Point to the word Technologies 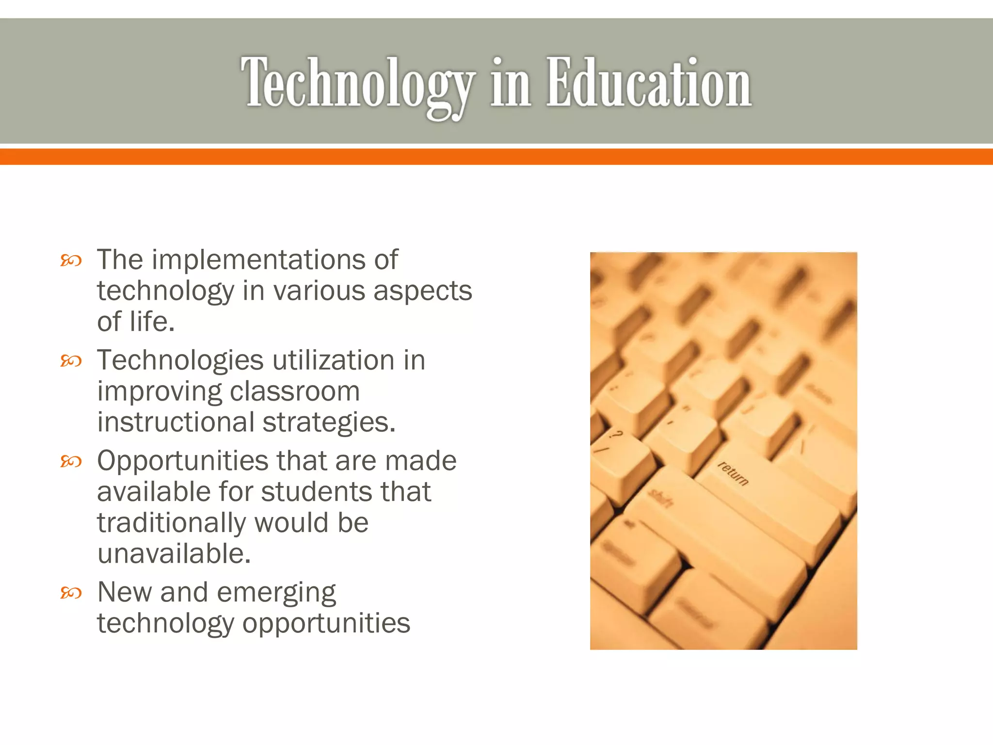(x=180, y=361)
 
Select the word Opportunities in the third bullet (x=183, y=461)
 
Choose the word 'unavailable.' (x=174, y=554)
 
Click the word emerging (x=276, y=593)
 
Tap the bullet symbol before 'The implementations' (x=71, y=261)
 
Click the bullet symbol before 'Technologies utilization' (x=71, y=361)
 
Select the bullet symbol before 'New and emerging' (x=71, y=593)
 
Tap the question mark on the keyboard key (x=617, y=434)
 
